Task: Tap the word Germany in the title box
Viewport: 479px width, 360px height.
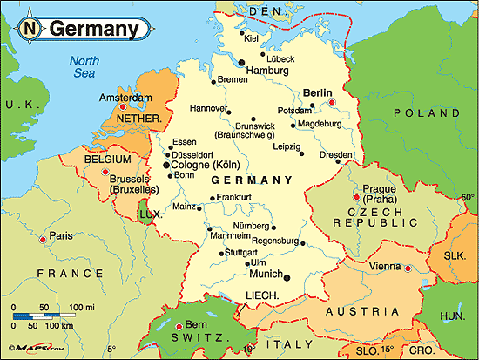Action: coord(93,29)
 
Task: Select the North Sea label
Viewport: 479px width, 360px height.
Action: coord(85,67)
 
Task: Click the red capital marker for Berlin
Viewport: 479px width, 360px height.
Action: coord(333,104)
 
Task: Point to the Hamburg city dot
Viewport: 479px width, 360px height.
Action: coord(241,62)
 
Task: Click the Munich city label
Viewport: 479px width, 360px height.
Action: coord(266,273)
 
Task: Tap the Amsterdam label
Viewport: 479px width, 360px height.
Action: coord(126,98)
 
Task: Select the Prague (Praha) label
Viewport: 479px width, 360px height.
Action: coord(380,194)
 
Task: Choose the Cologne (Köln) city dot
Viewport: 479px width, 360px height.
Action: coord(167,164)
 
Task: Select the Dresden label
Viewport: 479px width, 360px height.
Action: coord(336,154)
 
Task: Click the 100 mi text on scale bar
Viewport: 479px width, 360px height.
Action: coord(82,308)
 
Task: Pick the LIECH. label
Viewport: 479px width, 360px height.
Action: coord(261,296)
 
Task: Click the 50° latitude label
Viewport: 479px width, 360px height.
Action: coord(468,198)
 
